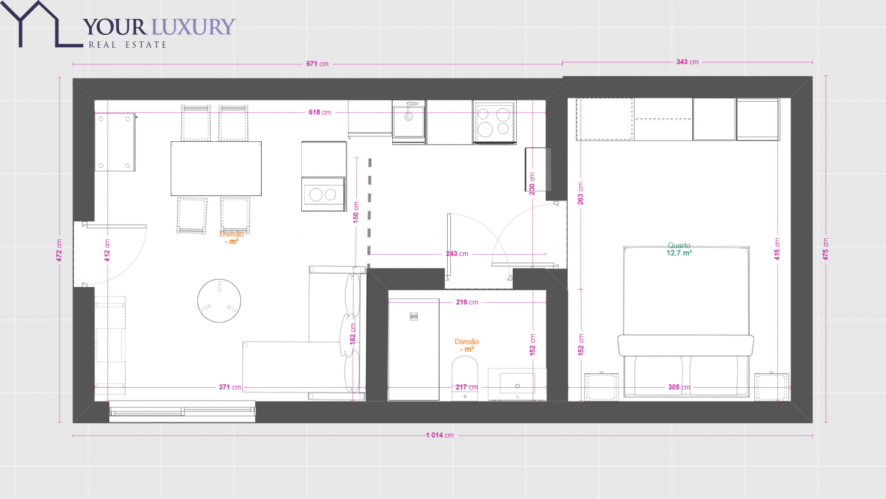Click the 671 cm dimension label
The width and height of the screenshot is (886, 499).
317,64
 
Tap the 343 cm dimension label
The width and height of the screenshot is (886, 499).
688,61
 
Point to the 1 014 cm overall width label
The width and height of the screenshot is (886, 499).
440,435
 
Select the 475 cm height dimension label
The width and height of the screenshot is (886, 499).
826,249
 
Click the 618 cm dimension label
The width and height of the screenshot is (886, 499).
320,112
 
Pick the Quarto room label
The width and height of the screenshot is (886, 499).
679,245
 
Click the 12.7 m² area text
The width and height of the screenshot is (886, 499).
679,253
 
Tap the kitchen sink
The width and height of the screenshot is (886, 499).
409,119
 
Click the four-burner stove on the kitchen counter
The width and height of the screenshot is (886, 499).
494,122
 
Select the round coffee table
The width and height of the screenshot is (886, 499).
219,300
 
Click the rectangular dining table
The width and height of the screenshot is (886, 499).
216,169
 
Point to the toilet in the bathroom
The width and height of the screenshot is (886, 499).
465,378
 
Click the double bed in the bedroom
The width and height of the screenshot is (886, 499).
686,322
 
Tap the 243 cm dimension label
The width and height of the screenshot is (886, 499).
457,254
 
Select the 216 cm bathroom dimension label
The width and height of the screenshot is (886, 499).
467,302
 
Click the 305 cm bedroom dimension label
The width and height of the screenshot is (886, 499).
679,387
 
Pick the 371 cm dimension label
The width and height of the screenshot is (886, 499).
230,387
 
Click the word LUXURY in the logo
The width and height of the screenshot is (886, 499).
193,27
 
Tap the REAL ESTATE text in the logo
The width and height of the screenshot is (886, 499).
128,45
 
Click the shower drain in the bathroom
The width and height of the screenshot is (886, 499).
413,316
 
